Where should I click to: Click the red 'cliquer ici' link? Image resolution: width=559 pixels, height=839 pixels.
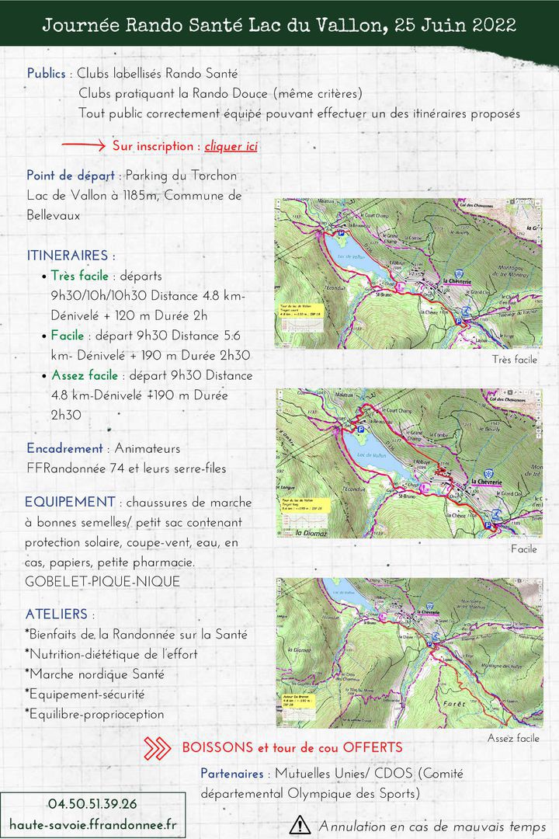[x=231, y=146]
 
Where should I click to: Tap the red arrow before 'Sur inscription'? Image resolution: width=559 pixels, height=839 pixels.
[x=83, y=145]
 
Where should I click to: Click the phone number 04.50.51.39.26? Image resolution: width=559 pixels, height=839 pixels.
[x=92, y=804]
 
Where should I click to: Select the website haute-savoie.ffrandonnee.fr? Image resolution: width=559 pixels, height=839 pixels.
[x=93, y=823]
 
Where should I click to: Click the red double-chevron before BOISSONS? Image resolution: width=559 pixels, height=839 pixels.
[x=158, y=748]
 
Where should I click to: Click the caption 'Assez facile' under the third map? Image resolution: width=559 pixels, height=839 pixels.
[x=513, y=738]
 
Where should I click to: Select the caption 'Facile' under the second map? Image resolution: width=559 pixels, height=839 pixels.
[x=524, y=549]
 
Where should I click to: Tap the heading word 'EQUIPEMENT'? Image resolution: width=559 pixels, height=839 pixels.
[x=70, y=502]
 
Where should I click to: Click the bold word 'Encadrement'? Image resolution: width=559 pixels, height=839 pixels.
[x=64, y=448]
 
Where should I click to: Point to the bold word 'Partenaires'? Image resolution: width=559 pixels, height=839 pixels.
[x=233, y=774]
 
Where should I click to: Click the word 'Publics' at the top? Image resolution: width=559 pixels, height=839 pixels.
[x=47, y=74]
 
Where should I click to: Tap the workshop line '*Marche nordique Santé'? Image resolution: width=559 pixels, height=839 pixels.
[x=95, y=674]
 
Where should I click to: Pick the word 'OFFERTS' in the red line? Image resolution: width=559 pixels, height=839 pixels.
[x=373, y=747]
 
